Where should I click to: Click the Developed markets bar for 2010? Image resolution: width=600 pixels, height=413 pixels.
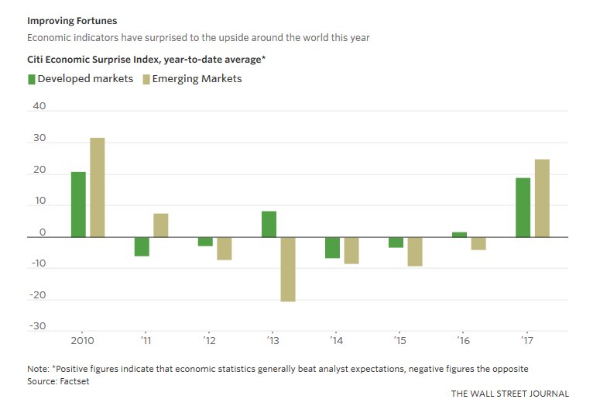point(78,205)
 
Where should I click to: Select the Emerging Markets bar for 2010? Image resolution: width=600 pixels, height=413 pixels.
point(97,188)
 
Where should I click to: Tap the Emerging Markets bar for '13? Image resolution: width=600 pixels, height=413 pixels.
point(287,269)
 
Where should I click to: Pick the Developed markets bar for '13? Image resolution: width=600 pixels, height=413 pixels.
point(269,224)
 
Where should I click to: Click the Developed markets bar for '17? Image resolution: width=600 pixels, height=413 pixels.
point(523,208)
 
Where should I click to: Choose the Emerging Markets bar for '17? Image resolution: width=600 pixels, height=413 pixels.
point(542,198)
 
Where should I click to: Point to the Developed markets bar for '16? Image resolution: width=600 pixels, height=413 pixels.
point(459,234)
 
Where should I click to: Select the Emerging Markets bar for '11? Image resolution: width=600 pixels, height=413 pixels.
point(160,225)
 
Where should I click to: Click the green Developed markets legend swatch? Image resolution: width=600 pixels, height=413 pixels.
point(31,79)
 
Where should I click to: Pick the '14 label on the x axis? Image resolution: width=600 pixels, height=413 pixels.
point(336,340)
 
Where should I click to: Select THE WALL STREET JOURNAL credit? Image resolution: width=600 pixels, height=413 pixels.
point(509,394)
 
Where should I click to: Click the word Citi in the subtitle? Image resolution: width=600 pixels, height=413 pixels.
point(38,59)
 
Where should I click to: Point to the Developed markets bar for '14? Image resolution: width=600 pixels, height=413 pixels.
point(332,247)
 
